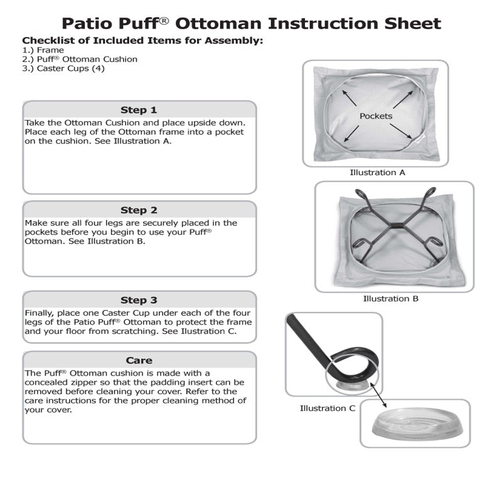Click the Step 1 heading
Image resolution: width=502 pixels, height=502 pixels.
(139, 110)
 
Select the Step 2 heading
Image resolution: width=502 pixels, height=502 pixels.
(139, 210)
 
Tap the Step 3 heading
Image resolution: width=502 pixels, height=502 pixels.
(139, 300)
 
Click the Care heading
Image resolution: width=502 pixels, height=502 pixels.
(139, 360)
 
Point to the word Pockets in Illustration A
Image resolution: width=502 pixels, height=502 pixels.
(376, 116)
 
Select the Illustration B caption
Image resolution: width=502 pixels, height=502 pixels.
(390, 299)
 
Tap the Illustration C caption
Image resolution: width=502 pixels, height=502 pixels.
(327, 409)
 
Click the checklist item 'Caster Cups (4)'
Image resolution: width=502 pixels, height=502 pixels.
(63, 68)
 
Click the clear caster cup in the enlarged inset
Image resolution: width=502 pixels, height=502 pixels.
(414, 427)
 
